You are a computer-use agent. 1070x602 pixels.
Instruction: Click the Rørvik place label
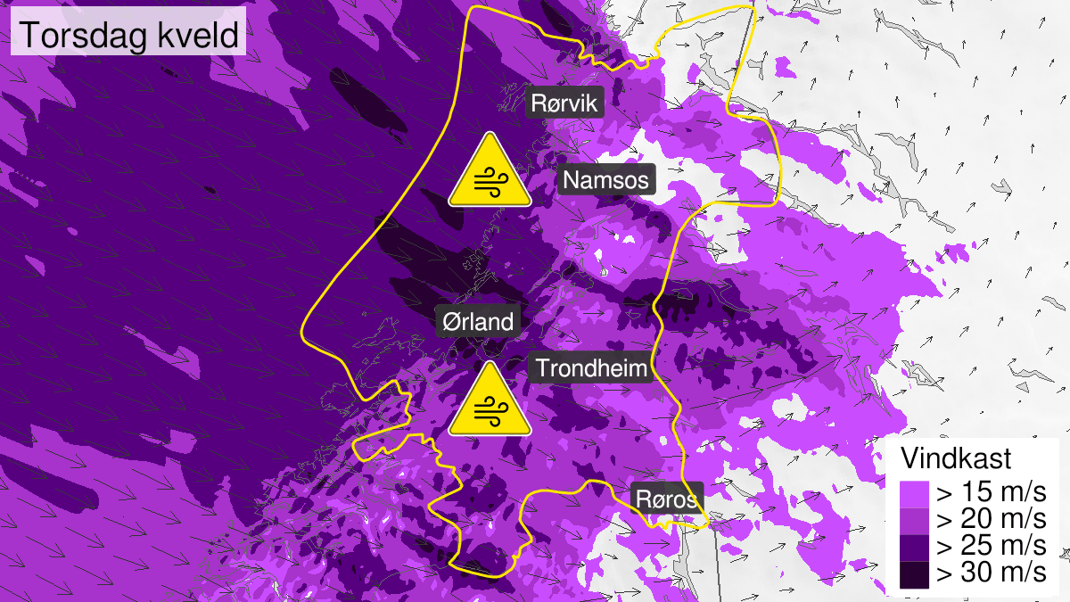pyautogui.click(x=565, y=103)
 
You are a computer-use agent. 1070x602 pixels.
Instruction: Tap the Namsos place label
pyautogui.click(x=608, y=181)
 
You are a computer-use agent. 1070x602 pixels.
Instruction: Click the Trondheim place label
pyautogui.click(x=591, y=367)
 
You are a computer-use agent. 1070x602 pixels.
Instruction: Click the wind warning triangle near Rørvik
pyautogui.click(x=490, y=172)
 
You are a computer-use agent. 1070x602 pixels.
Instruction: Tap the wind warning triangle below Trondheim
pyautogui.click(x=490, y=401)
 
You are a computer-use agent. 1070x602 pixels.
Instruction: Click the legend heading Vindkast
pyautogui.click(x=956, y=459)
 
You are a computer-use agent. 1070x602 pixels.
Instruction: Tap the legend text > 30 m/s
pyautogui.click(x=990, y=573)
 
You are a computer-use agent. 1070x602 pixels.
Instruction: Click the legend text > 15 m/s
pyautogui.click(x=990, y=492)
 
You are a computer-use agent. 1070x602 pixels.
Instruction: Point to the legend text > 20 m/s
pyautogui.click(x=990, y=519)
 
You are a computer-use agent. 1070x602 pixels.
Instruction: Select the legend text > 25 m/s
pyautogui.click(x=990, y=546)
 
